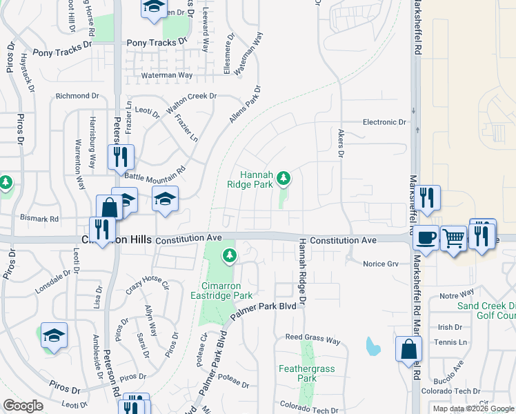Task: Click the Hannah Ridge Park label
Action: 251,179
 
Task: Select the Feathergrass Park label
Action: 307,373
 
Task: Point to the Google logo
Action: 23,405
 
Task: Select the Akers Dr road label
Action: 340,144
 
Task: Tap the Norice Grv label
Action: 381,264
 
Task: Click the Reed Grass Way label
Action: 313,341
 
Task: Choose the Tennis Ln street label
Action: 453,342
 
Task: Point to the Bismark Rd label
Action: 59,219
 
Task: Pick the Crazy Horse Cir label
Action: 147,284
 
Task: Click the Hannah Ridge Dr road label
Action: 301,272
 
